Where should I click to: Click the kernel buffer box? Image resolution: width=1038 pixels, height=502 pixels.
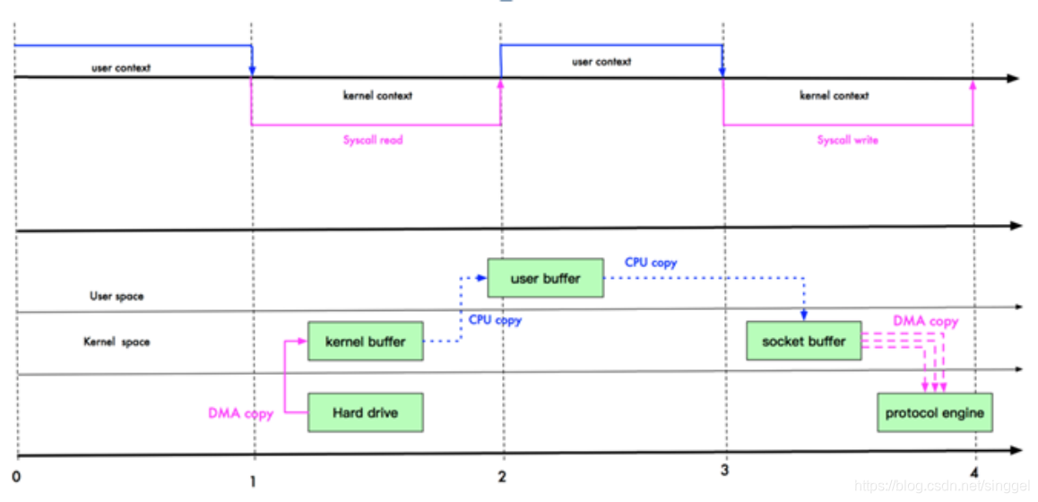[x=365, y=342]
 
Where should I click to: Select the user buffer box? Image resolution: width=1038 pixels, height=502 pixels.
[x=545, y=278]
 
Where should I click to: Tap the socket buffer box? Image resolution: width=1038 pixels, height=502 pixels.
[x=803, y=342]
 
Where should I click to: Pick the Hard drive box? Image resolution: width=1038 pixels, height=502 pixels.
[x=365, y=412]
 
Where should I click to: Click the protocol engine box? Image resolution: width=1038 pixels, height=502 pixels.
[x=934, y=412]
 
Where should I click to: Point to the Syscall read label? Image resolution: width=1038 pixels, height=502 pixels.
[x=373, y=140]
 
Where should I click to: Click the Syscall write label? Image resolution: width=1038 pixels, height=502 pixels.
[x=847, y=140]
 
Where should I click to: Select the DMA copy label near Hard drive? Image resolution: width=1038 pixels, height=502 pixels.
[x=240, y=413]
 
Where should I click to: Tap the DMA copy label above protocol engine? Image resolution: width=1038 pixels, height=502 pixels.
[x=925, y=321]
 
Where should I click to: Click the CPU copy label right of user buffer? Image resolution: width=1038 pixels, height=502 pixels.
[x=651, y=263]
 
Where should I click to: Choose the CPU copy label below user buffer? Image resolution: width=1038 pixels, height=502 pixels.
[x=495, y=320]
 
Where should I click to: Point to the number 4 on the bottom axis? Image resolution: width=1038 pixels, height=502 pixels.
[x=973, y=474]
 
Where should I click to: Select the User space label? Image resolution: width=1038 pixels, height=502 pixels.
[x=116, y=296]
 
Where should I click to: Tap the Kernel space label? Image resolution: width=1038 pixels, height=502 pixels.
[x=117, y=342]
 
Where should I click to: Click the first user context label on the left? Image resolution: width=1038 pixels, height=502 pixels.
[x=121, y=68]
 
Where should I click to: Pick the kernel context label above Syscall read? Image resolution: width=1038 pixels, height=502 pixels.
[x=377, y=95]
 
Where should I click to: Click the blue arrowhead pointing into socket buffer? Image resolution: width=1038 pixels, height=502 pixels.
[x=804, y=316]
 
